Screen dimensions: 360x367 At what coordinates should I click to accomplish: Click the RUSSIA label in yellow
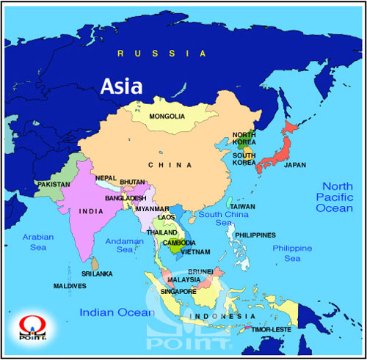(x=162, y=54)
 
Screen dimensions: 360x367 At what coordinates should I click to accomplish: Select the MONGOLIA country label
(x=167, y=117)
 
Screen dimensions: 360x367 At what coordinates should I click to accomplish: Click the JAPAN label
(x=294, y=165)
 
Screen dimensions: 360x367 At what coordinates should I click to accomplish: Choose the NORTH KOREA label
(x=244, y=139)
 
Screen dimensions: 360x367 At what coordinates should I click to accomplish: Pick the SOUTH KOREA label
(x=244, y=159)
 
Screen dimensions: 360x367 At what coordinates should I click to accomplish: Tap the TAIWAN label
(x=242, y=207)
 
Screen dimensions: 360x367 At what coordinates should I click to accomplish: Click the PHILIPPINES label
(x=255, y=235)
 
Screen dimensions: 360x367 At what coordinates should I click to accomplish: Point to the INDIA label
(x=91, y=212)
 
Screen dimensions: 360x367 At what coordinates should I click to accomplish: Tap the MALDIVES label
(x=70, y=285)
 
